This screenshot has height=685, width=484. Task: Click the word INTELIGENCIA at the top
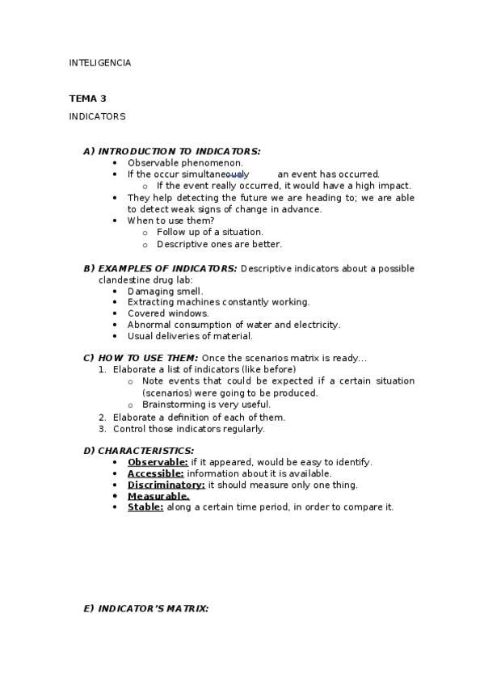coord(100,63)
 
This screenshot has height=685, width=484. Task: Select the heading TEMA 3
coord(88,99)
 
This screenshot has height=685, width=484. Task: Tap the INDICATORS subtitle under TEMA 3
coord(97,116)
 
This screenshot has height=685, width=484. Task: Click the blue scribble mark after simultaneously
coord(238,174)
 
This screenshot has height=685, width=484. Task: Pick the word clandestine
coord(124,279)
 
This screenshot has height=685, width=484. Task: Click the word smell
coord(189,291)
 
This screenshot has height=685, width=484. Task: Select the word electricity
coord(314,325)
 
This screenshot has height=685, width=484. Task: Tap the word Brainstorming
coord(173,405)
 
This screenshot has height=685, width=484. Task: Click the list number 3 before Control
coord(103,429)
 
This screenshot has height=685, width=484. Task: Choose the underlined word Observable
coord(158,462)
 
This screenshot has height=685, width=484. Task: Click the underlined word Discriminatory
coord(166,485)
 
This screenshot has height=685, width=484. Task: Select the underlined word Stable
coord(145,507)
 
